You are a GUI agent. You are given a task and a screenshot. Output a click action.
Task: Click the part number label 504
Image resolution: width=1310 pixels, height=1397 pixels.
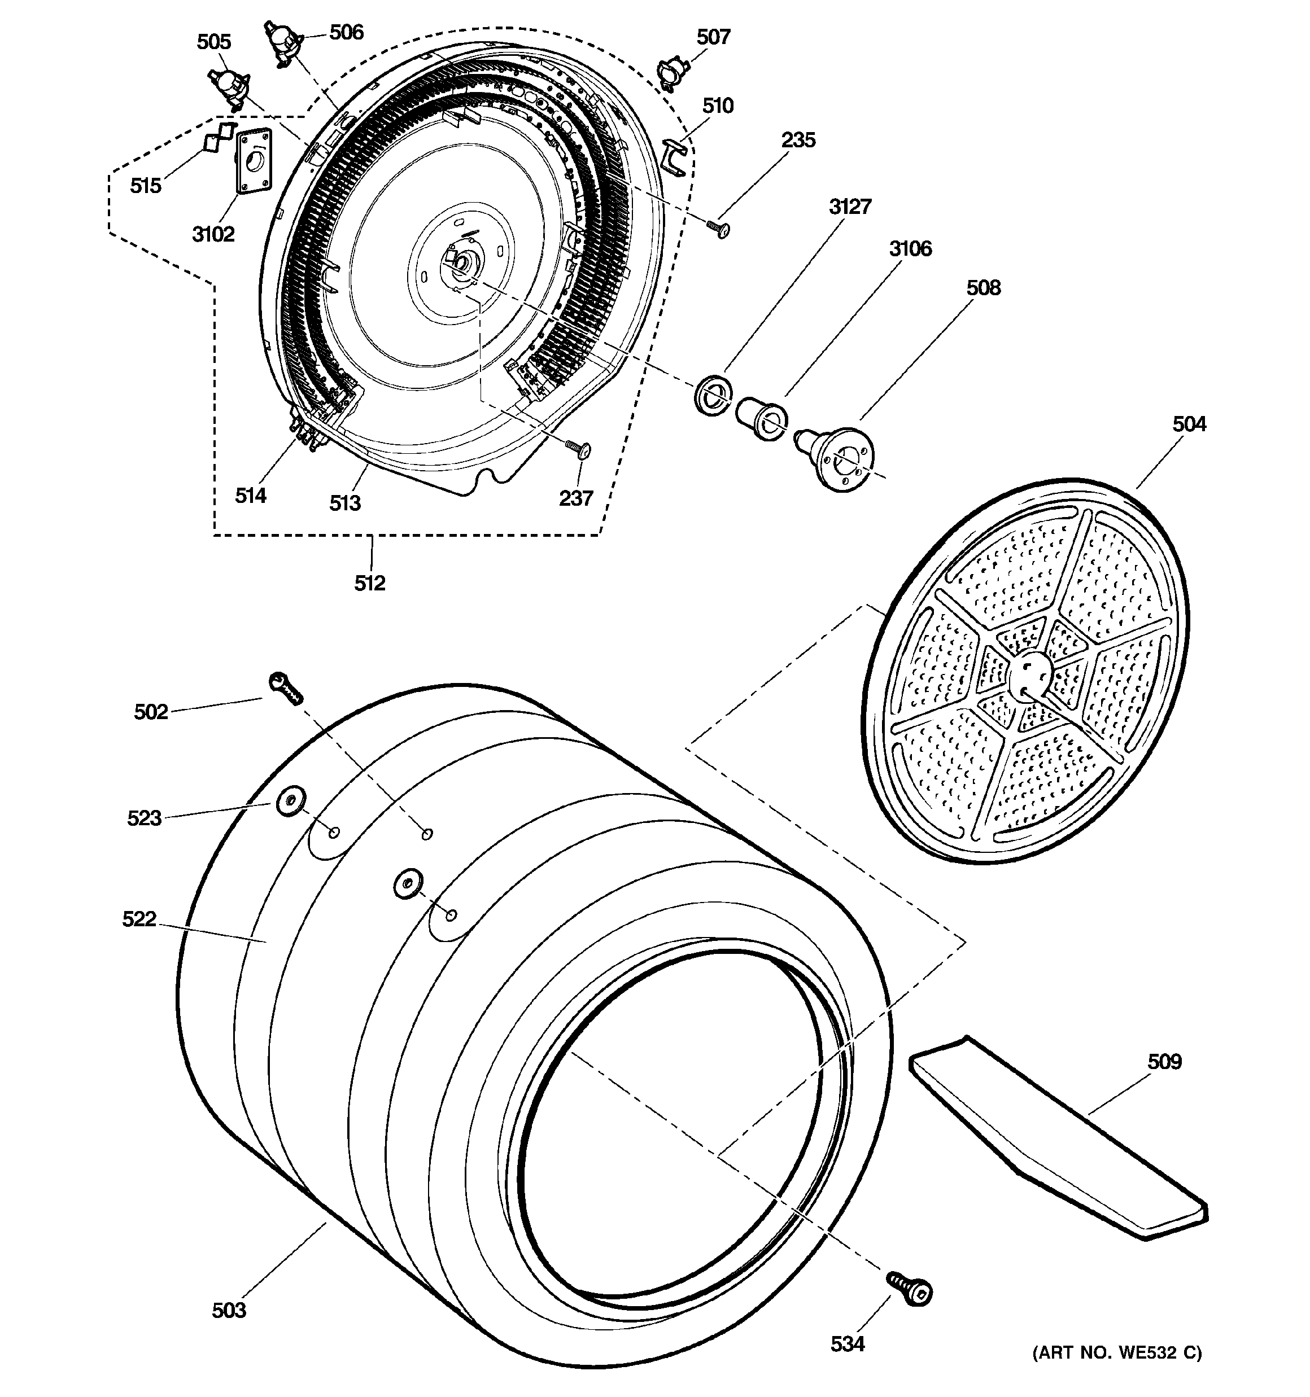tap(1189, 424)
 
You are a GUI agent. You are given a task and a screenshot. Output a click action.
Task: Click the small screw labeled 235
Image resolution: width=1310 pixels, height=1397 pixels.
tap(719, 229)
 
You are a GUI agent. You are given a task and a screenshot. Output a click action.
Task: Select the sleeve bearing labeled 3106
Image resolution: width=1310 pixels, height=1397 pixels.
tap(761, 418)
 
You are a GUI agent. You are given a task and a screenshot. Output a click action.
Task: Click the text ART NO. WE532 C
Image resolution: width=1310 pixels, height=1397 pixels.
tap(1117, 1353)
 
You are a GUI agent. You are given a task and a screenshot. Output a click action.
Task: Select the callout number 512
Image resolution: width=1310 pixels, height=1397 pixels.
tap(370, 583)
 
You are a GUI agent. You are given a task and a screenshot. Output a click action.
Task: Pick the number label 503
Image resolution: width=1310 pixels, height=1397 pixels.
tap(229, 1310)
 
